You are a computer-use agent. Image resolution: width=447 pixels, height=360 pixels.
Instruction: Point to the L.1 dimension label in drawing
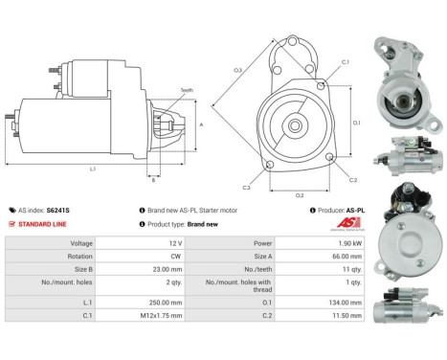pos(91,169)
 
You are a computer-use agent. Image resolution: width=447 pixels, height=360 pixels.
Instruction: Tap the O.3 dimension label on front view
pos(236,69)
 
